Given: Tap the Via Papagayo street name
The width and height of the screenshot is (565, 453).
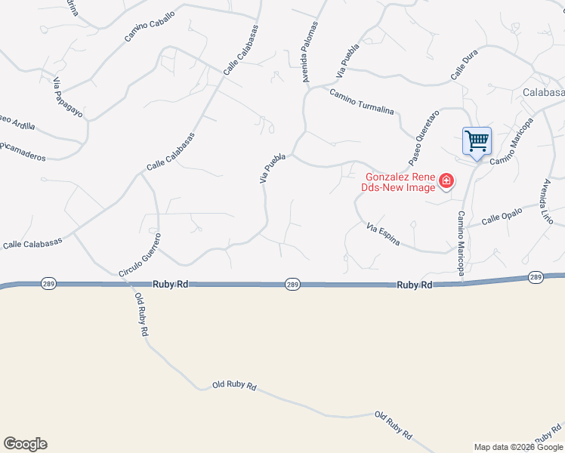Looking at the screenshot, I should [67, 97].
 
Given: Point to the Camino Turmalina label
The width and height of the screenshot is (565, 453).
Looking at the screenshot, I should [361, 101].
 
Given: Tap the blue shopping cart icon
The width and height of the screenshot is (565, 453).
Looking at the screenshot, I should [477, 140].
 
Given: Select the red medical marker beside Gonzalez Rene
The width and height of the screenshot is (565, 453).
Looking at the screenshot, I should [446, 181].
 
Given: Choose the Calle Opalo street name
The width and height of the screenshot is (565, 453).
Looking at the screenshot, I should [502, 217].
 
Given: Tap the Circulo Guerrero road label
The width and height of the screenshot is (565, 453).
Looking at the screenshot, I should [140, 254].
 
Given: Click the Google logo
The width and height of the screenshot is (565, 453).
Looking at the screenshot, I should [25, 444].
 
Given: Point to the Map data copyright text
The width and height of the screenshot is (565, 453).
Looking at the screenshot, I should [518, 447].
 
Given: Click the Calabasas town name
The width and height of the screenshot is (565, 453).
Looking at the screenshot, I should [543, 92].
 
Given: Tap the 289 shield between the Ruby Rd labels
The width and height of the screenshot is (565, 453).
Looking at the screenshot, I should [293, 285].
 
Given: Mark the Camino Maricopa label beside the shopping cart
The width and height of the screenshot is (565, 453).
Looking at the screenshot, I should [511, 152].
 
